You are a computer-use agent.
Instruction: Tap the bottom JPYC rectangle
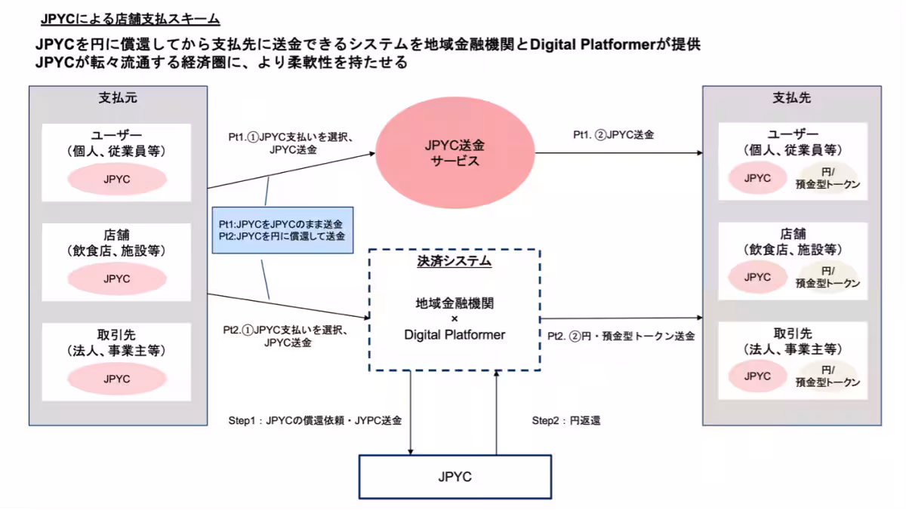(455, 477)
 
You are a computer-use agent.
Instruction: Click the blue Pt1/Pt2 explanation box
(282, 230)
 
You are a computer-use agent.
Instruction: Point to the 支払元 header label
(118, 98)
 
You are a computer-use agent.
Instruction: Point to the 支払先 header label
(791, 98)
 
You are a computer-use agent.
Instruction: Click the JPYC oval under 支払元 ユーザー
(117, 180)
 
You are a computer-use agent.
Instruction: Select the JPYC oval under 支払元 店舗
(117, 278)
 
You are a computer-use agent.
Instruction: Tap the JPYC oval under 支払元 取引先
(117, 379)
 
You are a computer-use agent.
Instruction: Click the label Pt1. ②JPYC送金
(613, 135)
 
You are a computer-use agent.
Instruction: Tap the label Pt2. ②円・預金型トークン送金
(621, 335)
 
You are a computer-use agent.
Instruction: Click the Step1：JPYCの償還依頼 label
(315, 420)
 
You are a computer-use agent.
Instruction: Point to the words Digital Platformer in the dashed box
(455, 334)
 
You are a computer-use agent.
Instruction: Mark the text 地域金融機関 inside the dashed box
(455, 303)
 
